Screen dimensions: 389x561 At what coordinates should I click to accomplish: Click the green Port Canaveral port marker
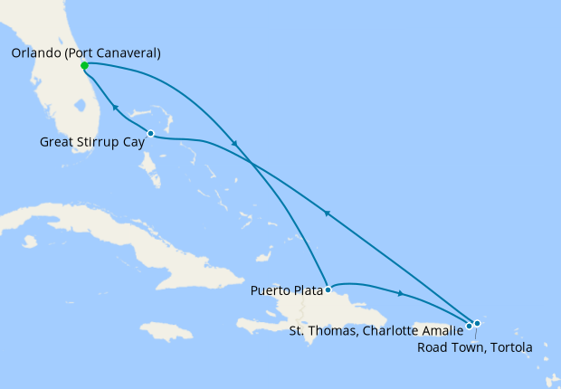[84, 65]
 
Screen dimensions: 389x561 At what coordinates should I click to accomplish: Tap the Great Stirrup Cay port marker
[150, 134]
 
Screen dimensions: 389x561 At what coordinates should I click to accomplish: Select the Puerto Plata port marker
[328, 290]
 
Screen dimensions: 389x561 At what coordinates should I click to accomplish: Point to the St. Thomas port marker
[469, 326]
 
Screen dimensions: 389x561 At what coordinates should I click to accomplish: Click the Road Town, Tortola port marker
[477, 323]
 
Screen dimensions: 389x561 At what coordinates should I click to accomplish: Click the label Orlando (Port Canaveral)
[86, 53]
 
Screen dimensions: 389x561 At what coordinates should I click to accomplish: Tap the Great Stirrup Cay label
[93, 142]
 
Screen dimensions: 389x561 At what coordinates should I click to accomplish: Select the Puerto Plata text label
[286, 292]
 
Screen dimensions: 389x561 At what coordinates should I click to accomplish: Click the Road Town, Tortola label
[475, 346]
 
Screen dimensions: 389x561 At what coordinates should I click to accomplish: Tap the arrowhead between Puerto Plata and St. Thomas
[400, 293]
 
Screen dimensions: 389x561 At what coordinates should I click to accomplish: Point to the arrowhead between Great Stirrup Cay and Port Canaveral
[115, 108]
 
